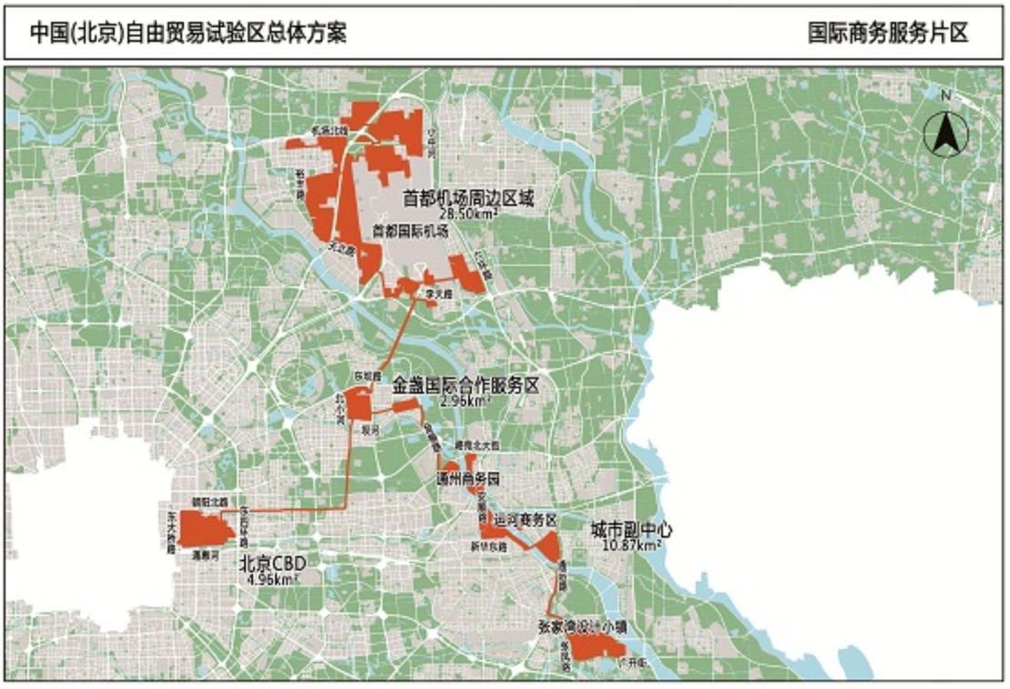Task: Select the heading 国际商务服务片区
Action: [888, 34]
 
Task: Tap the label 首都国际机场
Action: [409, 231]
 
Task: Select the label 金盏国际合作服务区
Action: [465, 386]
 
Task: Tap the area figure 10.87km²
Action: [631, 545]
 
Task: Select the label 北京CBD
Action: [269, 562]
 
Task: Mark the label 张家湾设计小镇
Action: [582, 627]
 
